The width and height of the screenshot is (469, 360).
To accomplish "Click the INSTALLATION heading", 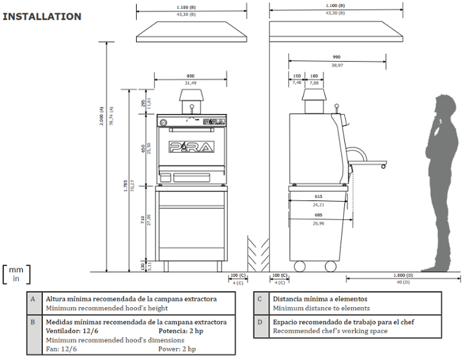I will click(42, 17).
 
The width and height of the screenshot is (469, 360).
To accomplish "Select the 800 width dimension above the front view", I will click(190, 77).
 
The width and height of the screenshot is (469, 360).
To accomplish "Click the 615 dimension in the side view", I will click(318, 196).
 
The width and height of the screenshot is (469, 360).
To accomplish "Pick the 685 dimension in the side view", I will click(318, 215).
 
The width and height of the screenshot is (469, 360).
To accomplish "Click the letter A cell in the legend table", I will click(33, 299).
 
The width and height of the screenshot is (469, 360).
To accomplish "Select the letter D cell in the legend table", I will click(261, 322).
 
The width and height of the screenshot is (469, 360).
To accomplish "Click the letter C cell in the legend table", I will click(261, 299).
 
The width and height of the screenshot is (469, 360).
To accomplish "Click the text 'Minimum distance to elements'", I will click(321, 308).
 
